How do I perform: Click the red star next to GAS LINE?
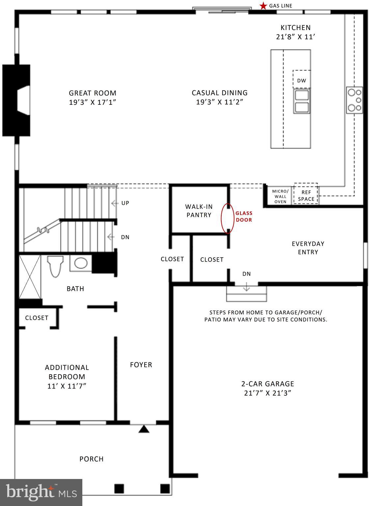pos(263,6)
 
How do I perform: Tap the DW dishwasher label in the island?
pos(301,80)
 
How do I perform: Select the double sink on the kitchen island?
pos(302,101)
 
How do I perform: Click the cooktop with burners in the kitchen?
pos(354,100)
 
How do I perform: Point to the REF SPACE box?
pos(306,196)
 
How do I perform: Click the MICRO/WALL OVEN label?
pos(280,196)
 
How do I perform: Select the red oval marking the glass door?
pos(228,218)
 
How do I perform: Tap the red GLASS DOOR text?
pos(244,217)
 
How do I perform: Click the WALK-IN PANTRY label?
pos(199,211)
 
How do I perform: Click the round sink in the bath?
pos(81,263)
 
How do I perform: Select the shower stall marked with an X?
pos(30,276)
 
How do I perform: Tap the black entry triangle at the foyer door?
pos(144,429)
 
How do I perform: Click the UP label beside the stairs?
pos(125,203)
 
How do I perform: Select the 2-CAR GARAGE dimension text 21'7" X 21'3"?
pos(268,393)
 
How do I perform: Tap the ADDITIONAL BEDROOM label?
pos(67,372)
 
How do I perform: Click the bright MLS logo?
pos(41,492)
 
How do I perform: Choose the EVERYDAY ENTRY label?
pos(308,248)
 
